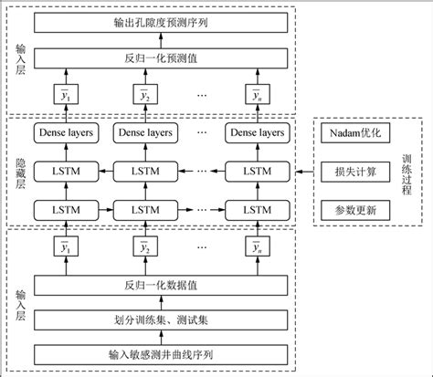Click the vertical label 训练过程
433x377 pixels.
pyautogui.click(x=407, y=171)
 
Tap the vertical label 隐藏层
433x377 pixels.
pyautogui.click(x=21, y=172)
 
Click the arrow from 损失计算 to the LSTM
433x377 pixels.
pyautogui.click(x=302, y=172)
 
